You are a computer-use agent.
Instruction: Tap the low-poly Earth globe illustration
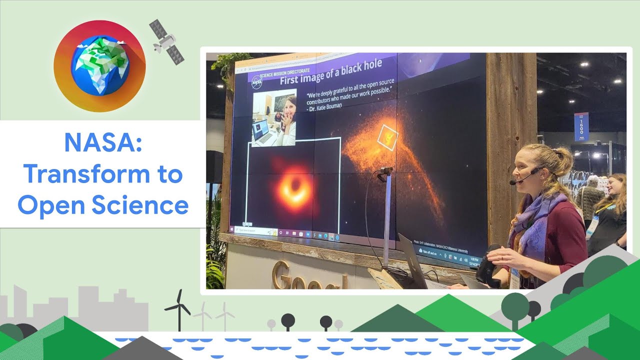click(100, 66)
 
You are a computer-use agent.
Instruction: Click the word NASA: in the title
click(103, 143)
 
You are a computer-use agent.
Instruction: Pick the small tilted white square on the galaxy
click(387, 137)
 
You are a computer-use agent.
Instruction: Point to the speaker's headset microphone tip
click(512, 183)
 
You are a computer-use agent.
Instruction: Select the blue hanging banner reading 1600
click(581, 127)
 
